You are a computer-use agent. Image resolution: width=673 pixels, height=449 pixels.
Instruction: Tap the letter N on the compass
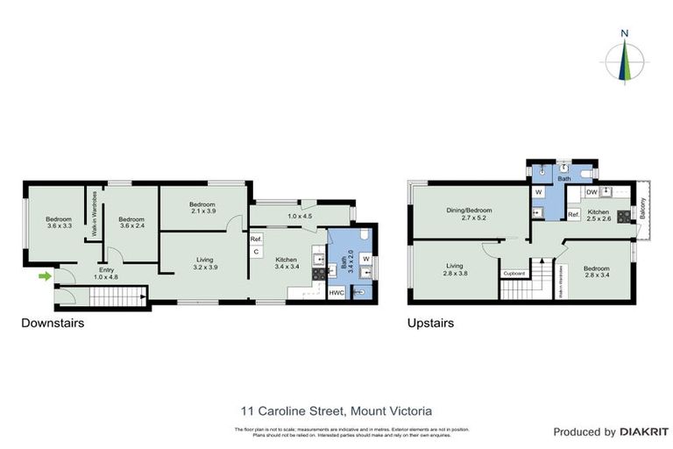624,34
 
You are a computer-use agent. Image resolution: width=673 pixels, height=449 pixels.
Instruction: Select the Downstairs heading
52,324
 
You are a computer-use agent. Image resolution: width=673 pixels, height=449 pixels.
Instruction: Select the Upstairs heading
430,324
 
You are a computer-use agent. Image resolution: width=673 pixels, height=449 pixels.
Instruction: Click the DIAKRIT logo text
644,432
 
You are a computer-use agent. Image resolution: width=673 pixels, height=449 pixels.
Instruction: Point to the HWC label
336,293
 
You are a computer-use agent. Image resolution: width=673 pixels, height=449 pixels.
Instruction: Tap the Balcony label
642,210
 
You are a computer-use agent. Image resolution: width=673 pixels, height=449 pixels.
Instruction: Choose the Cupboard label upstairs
514,274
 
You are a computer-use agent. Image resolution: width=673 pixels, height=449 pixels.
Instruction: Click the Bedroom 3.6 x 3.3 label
59,223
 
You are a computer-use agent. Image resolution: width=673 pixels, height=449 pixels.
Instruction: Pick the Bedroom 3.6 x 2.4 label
131,223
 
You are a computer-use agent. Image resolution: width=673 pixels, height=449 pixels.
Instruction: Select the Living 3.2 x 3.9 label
204,263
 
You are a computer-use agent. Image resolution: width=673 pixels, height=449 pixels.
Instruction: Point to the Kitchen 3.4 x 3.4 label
287,263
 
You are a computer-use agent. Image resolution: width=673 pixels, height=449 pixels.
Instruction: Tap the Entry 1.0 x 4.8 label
107,274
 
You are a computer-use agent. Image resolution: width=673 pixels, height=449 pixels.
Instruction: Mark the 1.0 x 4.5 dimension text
300,216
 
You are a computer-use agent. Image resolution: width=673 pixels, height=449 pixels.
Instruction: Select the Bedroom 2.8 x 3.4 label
596,272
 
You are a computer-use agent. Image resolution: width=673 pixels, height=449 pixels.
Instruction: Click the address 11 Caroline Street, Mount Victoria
336,410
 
